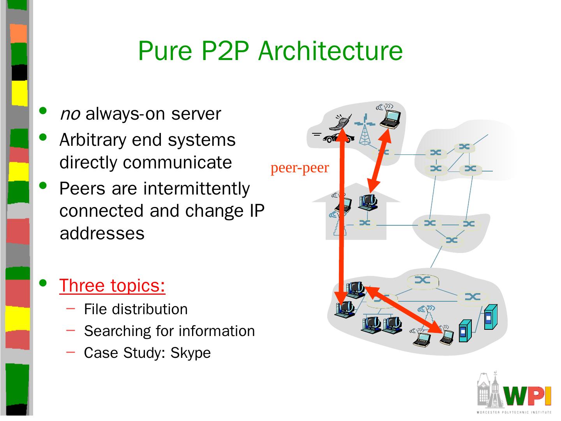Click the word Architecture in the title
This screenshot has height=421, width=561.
pyautogui.click(x=330, y=51)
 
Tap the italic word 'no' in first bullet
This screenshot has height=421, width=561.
pyautogui.click(x=70, y=114)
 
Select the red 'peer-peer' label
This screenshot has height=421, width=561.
pyautogui.click(x=300, y=168)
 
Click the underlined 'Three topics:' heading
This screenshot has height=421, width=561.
pyautogui.click(x=112, y=285)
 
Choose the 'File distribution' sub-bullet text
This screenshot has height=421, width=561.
pyautogui.click(x=136, y=309)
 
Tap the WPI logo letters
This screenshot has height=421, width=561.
pyautogui.click(x=527, y=395)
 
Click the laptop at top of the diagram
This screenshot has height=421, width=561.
pyautogui.click(x=390, y=118)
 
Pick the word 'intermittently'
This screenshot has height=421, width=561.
pyautogui.click(x=196, y=189)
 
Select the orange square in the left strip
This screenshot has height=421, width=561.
pyautogui.click(x=18, y=33)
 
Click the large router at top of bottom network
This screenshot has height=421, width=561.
pyautogui.click(x=423, y=280)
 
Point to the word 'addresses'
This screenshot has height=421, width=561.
pyautogui.click(x=102, y=233)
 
